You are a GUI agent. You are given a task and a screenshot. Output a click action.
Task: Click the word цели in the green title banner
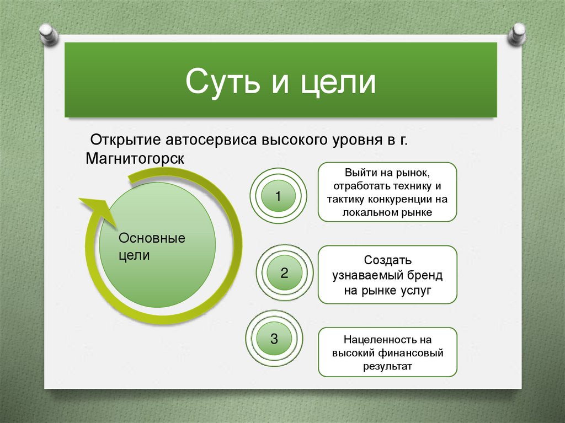click(x=339, y=81)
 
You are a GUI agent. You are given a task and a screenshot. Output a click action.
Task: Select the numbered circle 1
click(x=278, y=195)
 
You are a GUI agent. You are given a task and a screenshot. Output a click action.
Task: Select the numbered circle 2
click(x=284, y=272)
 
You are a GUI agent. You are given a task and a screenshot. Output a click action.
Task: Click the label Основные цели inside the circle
click(x=152, y=247)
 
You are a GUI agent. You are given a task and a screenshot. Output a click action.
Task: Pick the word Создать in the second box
click(x=387, y=260)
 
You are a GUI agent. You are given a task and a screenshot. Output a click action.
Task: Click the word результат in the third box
click(x=387, y=366)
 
